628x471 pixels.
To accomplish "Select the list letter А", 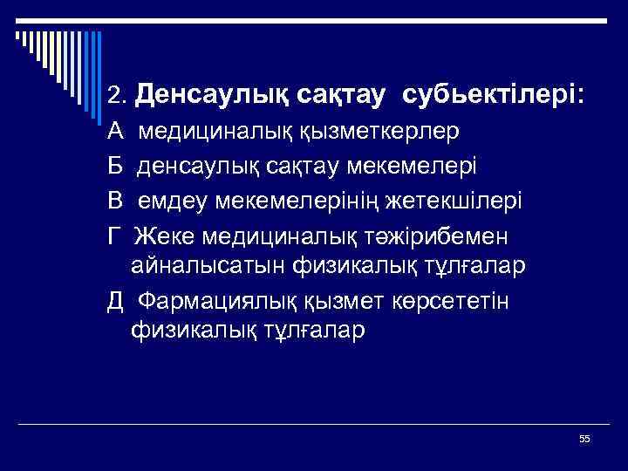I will [x=116, y=132].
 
